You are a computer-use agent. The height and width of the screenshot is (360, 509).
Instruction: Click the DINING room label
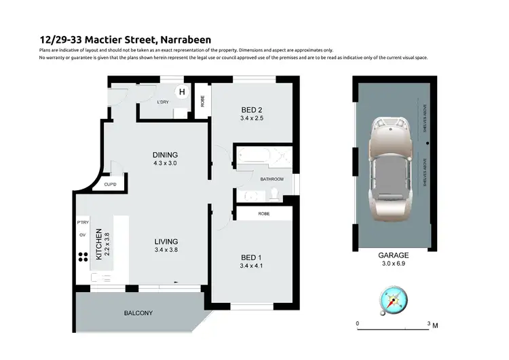point(165,155)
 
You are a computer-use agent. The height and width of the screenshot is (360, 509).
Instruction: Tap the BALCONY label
point(138,313)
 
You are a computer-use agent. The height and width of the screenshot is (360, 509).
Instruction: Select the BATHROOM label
point(272,179)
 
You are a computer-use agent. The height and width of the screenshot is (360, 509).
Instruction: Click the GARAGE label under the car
point(393,255)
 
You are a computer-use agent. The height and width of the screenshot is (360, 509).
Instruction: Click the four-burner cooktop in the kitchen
point(83,257)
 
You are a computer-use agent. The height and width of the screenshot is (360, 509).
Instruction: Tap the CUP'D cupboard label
point(111,183)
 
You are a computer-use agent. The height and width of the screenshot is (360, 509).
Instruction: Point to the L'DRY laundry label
point(162,102)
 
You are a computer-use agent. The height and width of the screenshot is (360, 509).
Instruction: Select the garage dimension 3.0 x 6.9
point(393,264)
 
